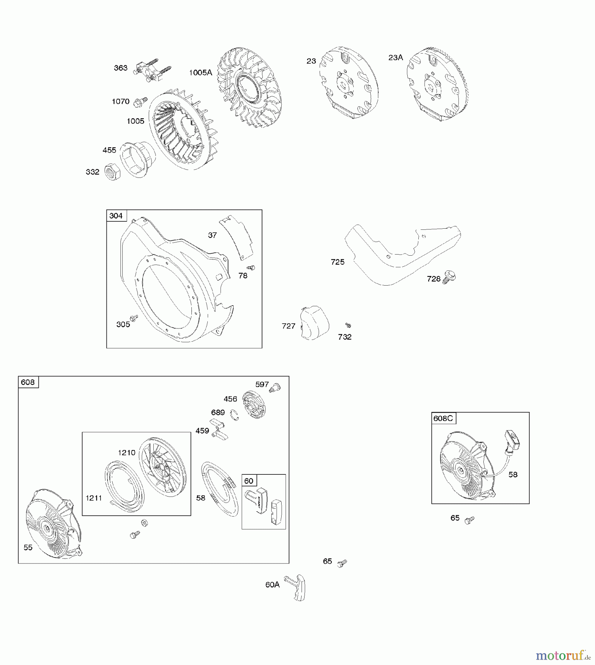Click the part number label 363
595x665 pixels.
120,68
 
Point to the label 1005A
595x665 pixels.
201,73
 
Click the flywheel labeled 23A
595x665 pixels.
433,84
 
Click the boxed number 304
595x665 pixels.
116,216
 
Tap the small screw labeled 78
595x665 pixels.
251,267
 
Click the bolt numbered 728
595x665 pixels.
449,277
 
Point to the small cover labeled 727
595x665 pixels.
314,323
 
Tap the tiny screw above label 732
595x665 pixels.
348,325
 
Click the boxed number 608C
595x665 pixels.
443,418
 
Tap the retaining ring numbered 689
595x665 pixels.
234,415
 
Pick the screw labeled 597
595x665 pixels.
275,388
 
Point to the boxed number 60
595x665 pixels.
249,481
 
